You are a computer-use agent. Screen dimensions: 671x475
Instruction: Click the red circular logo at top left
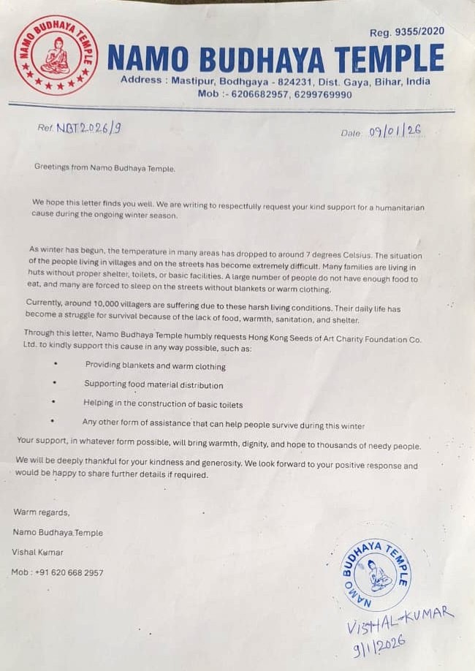(56, 55)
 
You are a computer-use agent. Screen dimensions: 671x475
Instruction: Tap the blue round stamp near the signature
(376, 575)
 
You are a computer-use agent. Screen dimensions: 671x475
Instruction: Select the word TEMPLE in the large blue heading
(389, 58)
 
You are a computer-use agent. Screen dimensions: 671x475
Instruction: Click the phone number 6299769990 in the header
(323, 94)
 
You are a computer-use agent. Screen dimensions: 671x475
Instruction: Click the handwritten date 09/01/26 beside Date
(395, 132)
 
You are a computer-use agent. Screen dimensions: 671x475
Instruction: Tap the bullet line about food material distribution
(153, 384)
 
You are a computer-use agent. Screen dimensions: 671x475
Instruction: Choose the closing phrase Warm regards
(41, 512)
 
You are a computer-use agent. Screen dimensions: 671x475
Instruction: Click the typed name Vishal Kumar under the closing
(37, 552)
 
